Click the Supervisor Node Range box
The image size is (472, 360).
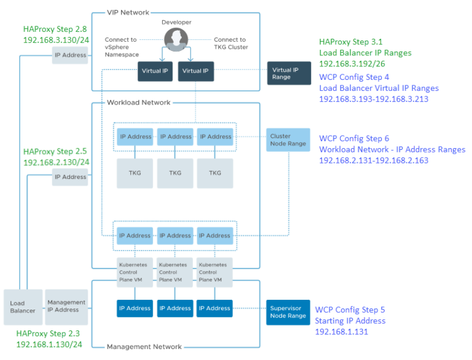(288, 312)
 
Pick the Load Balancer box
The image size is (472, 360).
(23, 307)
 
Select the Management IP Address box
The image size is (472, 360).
(66, 305)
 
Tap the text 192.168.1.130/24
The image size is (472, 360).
(49, 344)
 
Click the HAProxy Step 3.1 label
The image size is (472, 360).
(350, 42)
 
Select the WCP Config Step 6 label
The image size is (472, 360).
(354, 138)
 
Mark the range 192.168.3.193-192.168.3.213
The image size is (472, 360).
(374, 99)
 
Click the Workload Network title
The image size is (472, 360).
(138, 103)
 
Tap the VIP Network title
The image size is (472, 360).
(127, 12)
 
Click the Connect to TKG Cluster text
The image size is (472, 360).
(229, 43)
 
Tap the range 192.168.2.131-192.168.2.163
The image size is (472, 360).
(374, 160)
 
